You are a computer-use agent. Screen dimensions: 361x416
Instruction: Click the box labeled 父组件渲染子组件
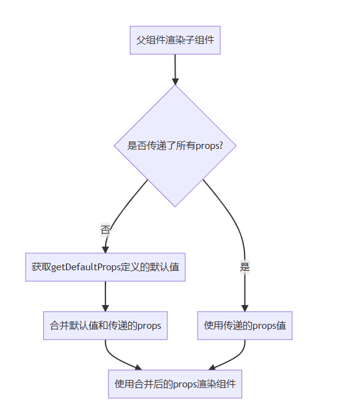click(175, 40)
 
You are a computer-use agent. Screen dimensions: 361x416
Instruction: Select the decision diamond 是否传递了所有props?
click(175, 146)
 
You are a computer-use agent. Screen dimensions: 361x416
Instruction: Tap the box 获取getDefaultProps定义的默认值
click(105, 267)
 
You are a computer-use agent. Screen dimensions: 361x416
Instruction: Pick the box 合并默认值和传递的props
click(105, 326)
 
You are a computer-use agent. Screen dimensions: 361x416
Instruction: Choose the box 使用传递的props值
click(245, 326)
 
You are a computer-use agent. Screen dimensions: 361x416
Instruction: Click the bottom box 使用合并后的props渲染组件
click(175, 384)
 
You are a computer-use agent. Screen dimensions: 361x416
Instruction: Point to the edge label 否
click(105, 230)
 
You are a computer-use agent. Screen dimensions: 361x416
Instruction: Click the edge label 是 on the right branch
click(245, 267)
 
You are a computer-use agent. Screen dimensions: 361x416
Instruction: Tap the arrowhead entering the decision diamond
click(175, 82)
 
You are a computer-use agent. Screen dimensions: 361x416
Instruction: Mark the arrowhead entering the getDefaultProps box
click(105, 249)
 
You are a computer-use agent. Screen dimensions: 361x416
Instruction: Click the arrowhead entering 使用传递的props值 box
click(245, 308)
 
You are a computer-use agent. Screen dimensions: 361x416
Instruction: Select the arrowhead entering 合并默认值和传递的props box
click(105, 308)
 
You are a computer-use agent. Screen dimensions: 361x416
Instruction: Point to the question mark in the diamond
click(221, 145)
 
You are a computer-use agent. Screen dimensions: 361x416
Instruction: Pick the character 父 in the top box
click(141, 40)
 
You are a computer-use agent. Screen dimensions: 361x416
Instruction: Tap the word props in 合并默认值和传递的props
click(150, 326)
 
